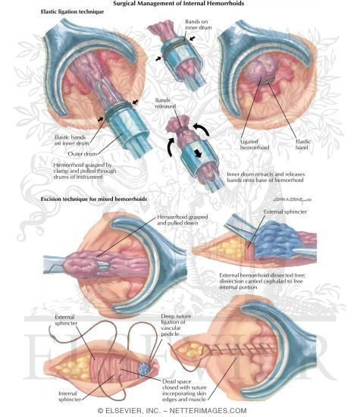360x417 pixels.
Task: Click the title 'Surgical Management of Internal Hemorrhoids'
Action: [178, 4]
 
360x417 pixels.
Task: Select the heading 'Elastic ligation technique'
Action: [72, 11]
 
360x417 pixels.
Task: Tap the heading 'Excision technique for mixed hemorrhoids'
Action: [94, 199]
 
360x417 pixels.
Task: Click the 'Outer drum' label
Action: [83, 154]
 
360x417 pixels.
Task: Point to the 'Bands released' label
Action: [165, 103]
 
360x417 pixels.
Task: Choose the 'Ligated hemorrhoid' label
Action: [255, 144]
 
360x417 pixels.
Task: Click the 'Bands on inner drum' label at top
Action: [199, 24]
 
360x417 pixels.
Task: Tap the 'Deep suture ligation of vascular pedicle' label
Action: [176, 325]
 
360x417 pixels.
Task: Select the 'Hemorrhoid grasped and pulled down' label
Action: [183, 220]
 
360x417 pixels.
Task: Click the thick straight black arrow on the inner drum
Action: [198, 153]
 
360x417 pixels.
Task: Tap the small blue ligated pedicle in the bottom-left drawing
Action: [145, 368]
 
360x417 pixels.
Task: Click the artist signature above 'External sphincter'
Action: [292, 199]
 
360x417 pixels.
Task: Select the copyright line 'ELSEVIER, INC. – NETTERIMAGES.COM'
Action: [172, 411]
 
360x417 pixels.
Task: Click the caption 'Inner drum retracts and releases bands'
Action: [265, 177]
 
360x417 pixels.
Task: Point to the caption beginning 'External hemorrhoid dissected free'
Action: [262, 281]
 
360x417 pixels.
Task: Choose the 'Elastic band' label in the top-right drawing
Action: [302, 144]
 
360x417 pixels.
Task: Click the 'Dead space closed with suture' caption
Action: [184, 390]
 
